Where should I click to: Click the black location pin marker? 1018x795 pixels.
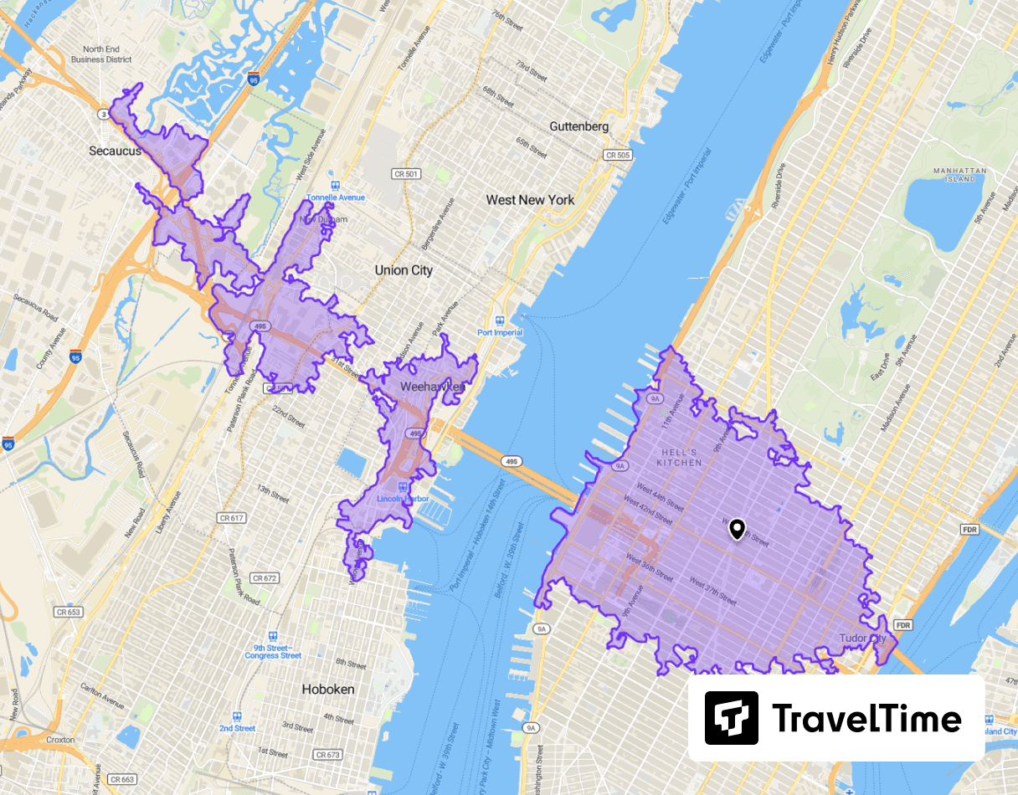point(737,529)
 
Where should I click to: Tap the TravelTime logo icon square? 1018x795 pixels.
point(731,718)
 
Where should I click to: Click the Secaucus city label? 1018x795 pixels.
point(116,151)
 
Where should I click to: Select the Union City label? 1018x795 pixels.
point(404,270)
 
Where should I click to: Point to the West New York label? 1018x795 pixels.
point(530,200)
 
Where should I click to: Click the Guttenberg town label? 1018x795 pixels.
point(579,126)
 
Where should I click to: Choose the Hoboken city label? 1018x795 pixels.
point(327,690)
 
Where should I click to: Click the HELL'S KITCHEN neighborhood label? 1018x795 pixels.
point(679,457)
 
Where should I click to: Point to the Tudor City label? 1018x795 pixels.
point(861,639)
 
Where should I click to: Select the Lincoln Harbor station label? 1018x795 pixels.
point(403,500)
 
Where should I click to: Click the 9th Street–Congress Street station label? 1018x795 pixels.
point(273,651)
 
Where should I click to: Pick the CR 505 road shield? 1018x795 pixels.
point(617,155)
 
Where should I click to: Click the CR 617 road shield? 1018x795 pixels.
point(231,518)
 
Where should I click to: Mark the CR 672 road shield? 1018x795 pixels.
point(264,578)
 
